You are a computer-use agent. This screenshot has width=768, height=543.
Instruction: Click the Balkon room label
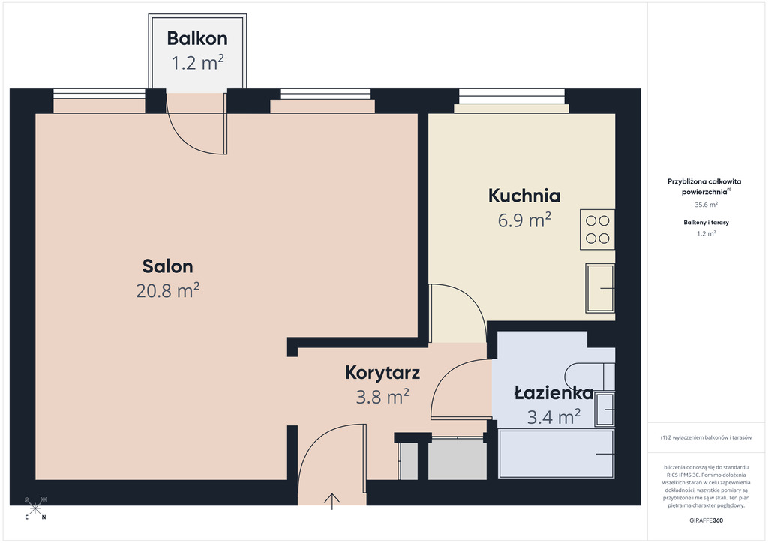197,38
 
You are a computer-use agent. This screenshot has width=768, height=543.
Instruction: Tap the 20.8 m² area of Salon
167,290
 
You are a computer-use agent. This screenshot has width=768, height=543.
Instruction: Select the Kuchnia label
524,196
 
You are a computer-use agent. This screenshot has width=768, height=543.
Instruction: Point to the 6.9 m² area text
524,220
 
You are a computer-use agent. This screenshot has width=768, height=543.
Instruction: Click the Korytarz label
382,372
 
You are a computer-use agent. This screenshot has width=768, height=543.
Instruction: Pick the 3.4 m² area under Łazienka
553,417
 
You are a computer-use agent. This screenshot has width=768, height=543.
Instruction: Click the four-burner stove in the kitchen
597,229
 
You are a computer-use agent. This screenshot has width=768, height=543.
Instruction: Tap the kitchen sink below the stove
600,288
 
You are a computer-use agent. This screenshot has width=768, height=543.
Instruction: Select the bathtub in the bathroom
556,454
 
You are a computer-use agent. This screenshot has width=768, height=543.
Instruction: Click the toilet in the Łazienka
589,376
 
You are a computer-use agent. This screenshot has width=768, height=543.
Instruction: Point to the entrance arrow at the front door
332,501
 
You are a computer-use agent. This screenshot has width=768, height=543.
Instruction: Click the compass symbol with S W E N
35,508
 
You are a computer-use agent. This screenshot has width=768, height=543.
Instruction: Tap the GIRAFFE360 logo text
706,520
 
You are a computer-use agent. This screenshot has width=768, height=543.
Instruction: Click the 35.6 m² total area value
706,205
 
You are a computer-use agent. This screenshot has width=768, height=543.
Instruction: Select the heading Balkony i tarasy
706,222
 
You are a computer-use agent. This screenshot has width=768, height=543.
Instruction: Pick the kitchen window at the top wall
511,96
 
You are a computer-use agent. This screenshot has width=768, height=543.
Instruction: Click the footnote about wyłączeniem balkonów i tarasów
706,437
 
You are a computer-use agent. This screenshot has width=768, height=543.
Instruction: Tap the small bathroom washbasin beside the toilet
605,409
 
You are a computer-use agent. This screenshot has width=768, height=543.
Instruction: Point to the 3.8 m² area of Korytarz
382,396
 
